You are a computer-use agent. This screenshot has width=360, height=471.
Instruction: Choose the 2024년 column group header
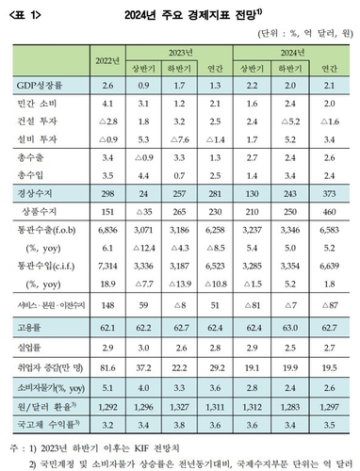[x=303, y=54]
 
